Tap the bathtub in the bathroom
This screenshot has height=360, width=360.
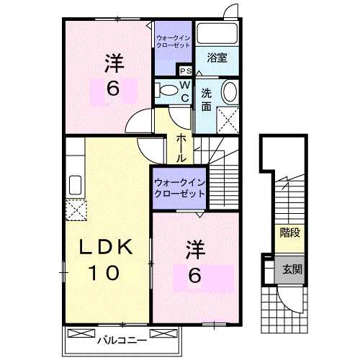coord(219,33)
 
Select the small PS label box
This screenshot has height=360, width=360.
coord(185,71)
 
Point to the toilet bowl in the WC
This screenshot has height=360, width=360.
coord(166,90)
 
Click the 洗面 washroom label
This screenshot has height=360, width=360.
coord(206,100)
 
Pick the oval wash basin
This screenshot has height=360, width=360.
coord(229,92)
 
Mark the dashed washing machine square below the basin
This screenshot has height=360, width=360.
coord(228,119)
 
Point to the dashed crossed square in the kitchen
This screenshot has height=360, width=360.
coord(76,210)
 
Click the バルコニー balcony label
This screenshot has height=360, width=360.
coord(122,338)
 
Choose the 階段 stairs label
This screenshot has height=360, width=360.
coord(289,232)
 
